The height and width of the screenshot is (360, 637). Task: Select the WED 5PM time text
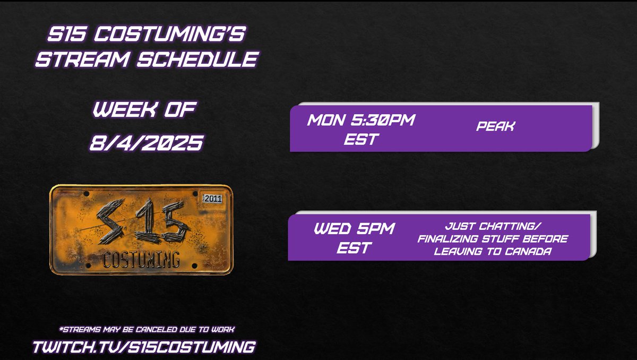click(355, 229)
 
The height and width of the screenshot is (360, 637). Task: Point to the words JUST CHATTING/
click(493, 227)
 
